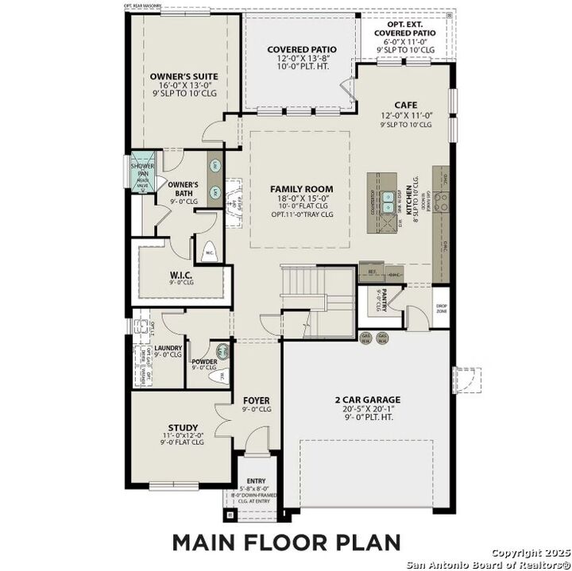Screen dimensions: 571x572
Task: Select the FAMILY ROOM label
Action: point(301,189)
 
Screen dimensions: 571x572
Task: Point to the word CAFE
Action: point(405,105)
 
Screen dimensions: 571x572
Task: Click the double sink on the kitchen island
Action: point(387,203)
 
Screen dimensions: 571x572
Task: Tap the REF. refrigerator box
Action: point(371,272)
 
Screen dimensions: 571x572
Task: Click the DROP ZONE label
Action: point(442,308)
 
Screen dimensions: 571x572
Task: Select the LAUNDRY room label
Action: point(168,348)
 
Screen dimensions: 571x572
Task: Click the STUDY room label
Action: point(182,427)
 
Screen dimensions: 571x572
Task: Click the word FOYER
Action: point(257,400)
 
